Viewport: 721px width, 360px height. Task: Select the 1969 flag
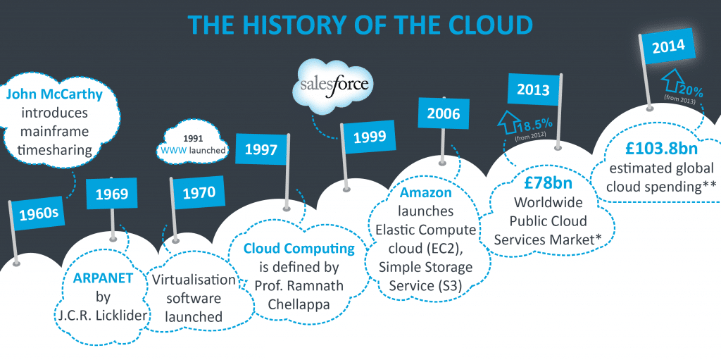[x=112, y=194]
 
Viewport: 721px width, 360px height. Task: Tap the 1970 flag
[x=198, y=192]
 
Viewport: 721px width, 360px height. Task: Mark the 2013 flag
[x=533, y=89]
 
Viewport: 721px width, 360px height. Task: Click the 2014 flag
[x=668, y=46]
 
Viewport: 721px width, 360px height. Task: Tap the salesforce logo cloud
[x=334, y=86]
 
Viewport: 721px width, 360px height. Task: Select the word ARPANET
[x=104, y=278]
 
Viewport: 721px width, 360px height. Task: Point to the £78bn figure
[x=548, y=182]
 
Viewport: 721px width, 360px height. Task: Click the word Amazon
[x=420, y=192]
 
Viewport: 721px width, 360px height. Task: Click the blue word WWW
[x=173, y=149]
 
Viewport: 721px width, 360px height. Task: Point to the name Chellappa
[x=299, y=304]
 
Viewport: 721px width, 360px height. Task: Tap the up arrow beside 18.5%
[x=506, y=121]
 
